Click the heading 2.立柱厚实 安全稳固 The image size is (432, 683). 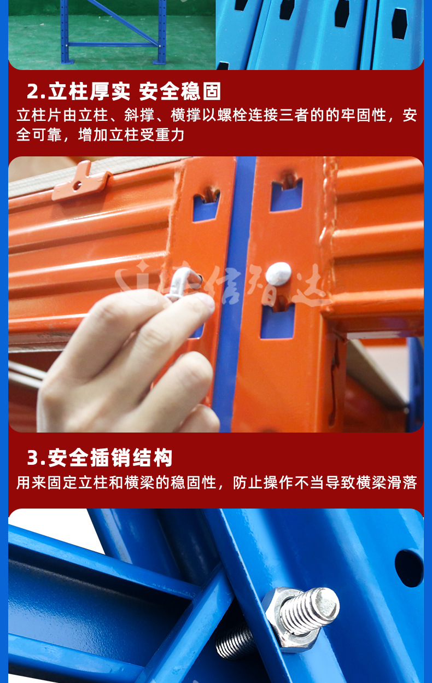click(124, 91)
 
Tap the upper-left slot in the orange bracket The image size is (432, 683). click(206, 205)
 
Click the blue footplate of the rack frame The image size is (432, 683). click(159, 61)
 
